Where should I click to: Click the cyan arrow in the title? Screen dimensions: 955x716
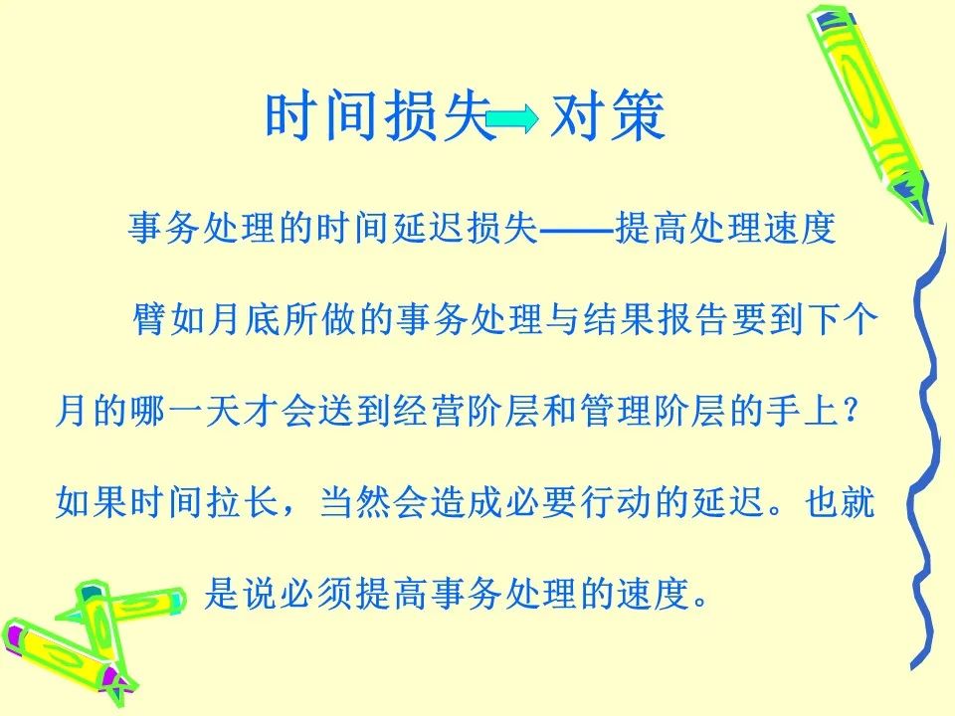pyautogui.click(x=513, y=118)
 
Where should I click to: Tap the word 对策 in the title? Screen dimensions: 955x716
pyautogui.click(x=607, y=115)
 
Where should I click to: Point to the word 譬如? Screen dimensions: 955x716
pyautogui.click(x=169, y=319)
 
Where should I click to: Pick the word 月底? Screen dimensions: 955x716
pyautogui.click(x=245, y=319)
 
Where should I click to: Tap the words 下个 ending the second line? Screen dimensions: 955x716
pyautogui.click(x=842, y=319)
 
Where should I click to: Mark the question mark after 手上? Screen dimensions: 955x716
pyautogui.click(x=852, y=411)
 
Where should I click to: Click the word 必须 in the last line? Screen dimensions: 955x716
pyautogui.click(x=316, y=594)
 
